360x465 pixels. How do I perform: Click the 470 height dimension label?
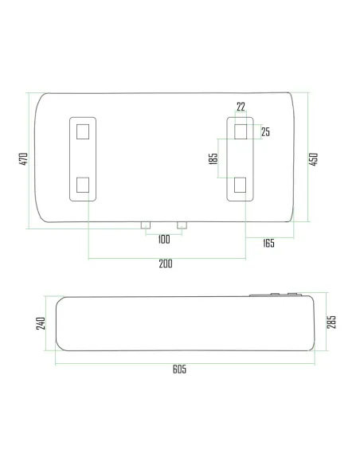click(x=24, y=159)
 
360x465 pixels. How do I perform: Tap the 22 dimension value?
click(x=241, y=106)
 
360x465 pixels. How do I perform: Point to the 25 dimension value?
click(x=265, y=131)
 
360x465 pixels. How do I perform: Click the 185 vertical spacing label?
click(x=213, y=158)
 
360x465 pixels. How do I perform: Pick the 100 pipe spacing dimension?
click(x=163, y=239)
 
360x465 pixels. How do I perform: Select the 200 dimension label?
click(x=166, y=264)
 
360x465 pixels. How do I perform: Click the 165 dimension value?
click(x=268, y=243)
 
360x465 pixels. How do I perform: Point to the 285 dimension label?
click(x=331, y=322)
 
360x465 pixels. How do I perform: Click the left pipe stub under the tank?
click(x=145, y=226)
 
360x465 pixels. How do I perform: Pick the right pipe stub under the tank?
click(x=182, y=226)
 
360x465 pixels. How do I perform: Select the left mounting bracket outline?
click(x=83, y=158)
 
